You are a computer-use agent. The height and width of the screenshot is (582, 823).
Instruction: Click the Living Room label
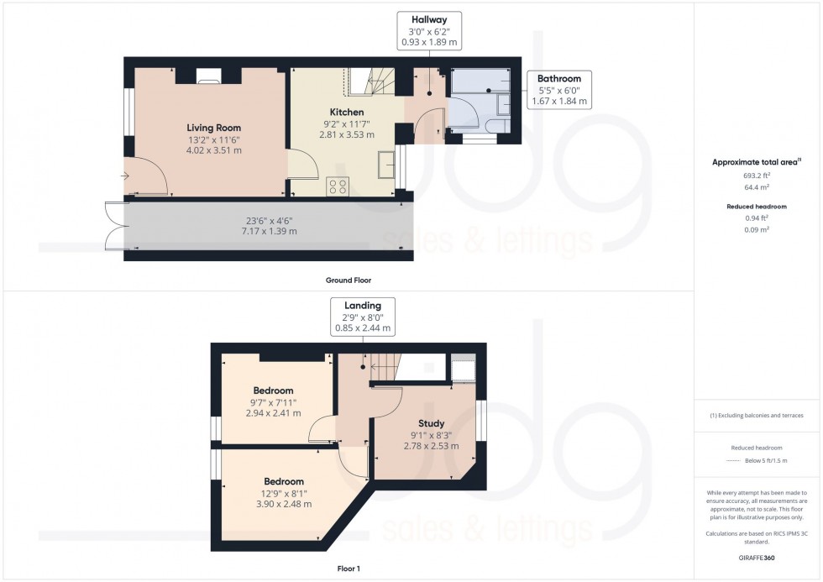click(213, 128)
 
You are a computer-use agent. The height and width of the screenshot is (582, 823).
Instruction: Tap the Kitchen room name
click(346, 112)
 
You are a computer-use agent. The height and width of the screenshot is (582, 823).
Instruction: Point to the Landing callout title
click(362, 306)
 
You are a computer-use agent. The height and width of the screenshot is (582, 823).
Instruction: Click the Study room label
click(431, 423)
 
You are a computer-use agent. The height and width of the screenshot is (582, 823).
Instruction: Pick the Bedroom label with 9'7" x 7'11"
click(273, 391)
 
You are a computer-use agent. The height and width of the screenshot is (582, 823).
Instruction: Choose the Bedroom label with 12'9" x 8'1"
click(278, 482)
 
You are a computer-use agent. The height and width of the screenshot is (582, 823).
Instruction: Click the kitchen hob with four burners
click(338, 186)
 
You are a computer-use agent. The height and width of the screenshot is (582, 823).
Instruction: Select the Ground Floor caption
click(349, 280)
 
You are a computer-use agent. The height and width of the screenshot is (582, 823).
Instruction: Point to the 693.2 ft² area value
click(757, 176)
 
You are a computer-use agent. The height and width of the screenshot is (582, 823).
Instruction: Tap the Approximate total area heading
click(756, 161)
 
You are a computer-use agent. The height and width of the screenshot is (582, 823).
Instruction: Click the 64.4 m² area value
click(757, 190)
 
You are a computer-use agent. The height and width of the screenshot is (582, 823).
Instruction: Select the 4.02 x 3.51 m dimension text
click(213, 151)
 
